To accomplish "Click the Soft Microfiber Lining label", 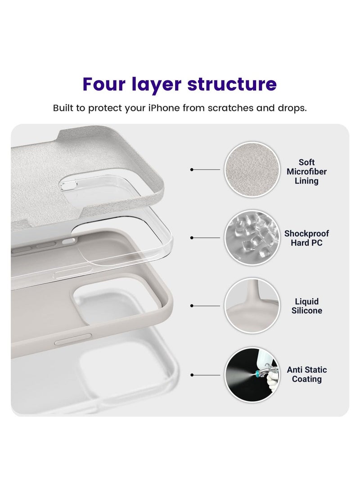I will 306,171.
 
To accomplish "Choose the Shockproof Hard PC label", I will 306,238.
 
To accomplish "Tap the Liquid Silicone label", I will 306,306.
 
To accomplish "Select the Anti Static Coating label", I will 306,374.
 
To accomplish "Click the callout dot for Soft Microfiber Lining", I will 192,170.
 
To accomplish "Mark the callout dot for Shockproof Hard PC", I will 192,238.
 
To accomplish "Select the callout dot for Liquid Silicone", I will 192,306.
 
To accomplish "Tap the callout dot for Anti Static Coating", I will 192,374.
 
